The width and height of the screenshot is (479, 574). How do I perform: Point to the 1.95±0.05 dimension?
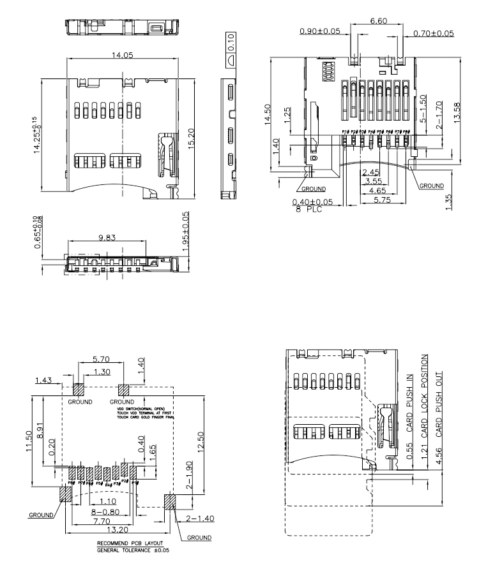point(186,232)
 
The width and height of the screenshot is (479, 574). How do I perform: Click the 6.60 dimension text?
point(378,20)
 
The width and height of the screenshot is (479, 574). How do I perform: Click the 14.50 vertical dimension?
point(268,115)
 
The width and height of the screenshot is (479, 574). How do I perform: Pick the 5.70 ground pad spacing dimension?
point(100,359)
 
